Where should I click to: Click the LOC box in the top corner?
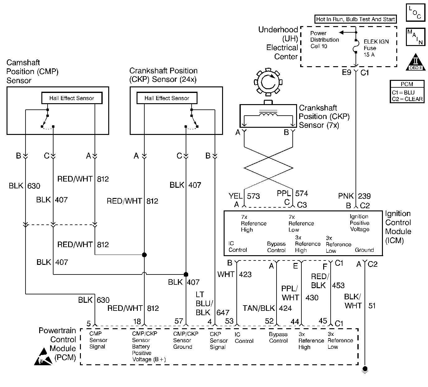pos(415,13)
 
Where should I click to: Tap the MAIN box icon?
pos(415,37)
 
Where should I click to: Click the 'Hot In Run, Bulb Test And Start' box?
pos(355,19)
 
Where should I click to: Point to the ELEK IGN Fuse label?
pos(376,48)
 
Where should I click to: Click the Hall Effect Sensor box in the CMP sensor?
pos(72,98)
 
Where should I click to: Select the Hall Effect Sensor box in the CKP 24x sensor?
pos(167,98)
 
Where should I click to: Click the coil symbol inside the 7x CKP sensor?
pos(268,115)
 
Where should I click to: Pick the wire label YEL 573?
pos(244,196)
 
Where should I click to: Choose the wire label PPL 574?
pos(292,194)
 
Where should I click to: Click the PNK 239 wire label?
pos(354,196)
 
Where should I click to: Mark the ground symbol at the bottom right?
pos(365,369)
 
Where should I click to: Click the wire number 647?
pos(223,312)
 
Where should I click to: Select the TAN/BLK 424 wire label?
pos(267,308)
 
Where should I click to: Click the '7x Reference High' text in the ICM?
pos(254,223)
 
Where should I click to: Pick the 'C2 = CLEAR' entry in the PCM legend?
pos(407,99)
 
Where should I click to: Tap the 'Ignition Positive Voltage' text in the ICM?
pos(359,223)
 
